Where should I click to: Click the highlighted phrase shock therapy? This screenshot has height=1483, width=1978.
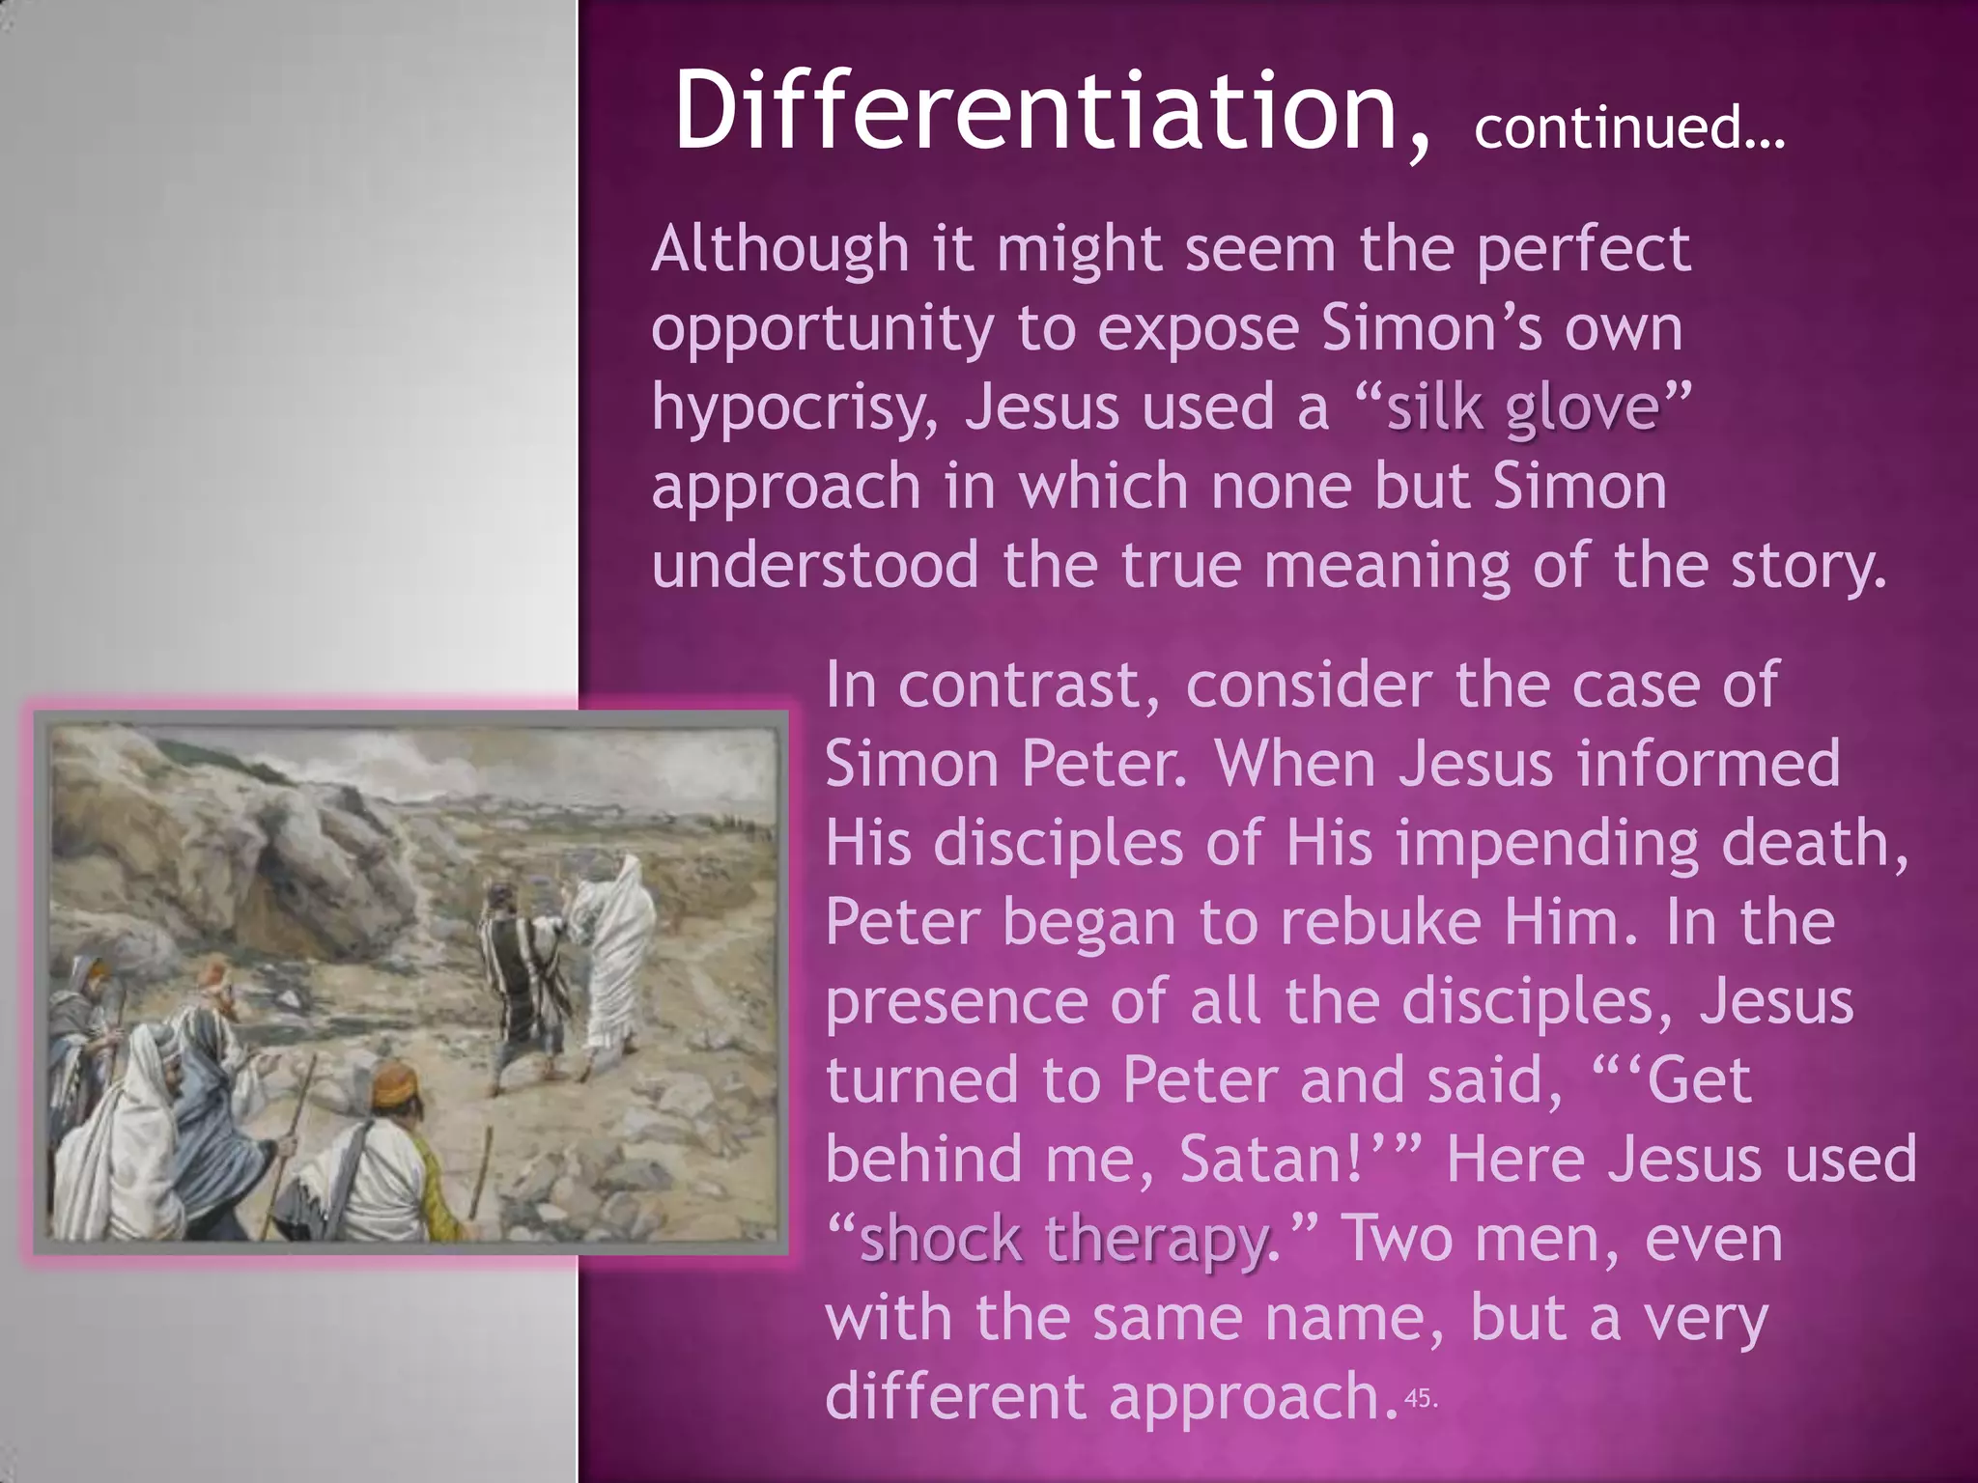[x=1063, y=1238]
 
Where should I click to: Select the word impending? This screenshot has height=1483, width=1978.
[x=1546, y=843]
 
